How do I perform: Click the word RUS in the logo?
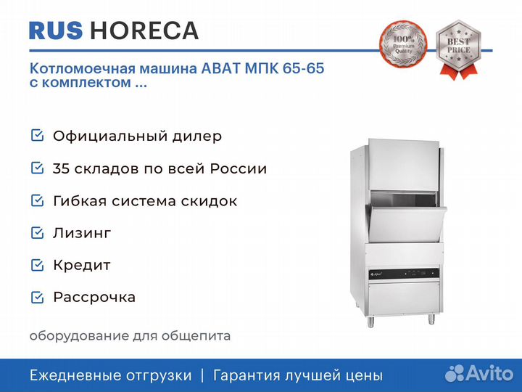(x=56, y=30)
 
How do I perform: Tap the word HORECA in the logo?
(x=144, y=30)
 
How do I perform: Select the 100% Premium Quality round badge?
(x=404, y=44)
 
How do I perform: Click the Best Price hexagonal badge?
(x=458, y=49)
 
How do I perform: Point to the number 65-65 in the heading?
(x=303, y=68)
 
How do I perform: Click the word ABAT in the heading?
(x=220, y=68)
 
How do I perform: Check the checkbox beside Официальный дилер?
(x=37, y=136)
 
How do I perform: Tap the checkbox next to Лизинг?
(x=37, y=233)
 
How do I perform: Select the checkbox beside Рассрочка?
(x=37, y=298)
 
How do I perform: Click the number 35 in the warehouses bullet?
(x=61, y=168)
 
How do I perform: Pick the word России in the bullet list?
(x=239, y=168)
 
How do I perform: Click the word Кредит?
(x=82, y=266)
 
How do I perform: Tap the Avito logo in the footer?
(x=479, y=373)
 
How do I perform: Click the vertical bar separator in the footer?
(x=202, y=375)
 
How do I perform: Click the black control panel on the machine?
(x=404, y=274)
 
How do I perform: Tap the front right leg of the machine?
(x=431, y=319)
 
